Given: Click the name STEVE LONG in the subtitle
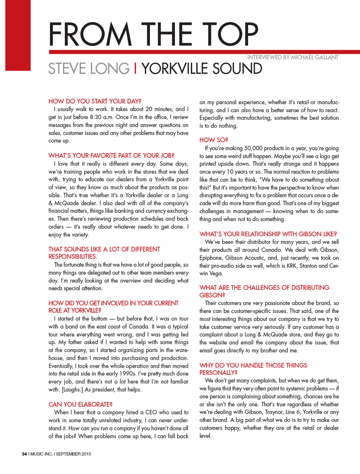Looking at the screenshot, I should (x=89, y=69).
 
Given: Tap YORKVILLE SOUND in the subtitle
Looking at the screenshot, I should (x=202, y=69).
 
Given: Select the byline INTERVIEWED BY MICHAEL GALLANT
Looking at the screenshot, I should (x=293, y=57).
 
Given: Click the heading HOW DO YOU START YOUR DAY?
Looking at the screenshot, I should (x=95, y=101).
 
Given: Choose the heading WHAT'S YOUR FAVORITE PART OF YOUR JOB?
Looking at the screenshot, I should (x=111, y=156).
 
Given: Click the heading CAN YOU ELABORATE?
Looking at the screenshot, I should (x=81, y=405).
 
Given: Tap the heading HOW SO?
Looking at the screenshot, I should (x=214, y=140).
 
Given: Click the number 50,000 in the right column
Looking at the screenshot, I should (x=255, y=148).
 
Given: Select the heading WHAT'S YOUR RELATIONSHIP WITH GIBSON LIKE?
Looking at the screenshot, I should (x=268, y=234).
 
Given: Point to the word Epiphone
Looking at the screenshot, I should (x=211, y=258).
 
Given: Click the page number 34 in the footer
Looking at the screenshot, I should (x=24, y=454).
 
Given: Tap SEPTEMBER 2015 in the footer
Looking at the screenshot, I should (x=73, y=454).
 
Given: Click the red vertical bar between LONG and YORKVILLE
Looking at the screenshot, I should (x=135, y=69).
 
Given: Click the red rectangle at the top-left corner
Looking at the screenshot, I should (x=18, y=35).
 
